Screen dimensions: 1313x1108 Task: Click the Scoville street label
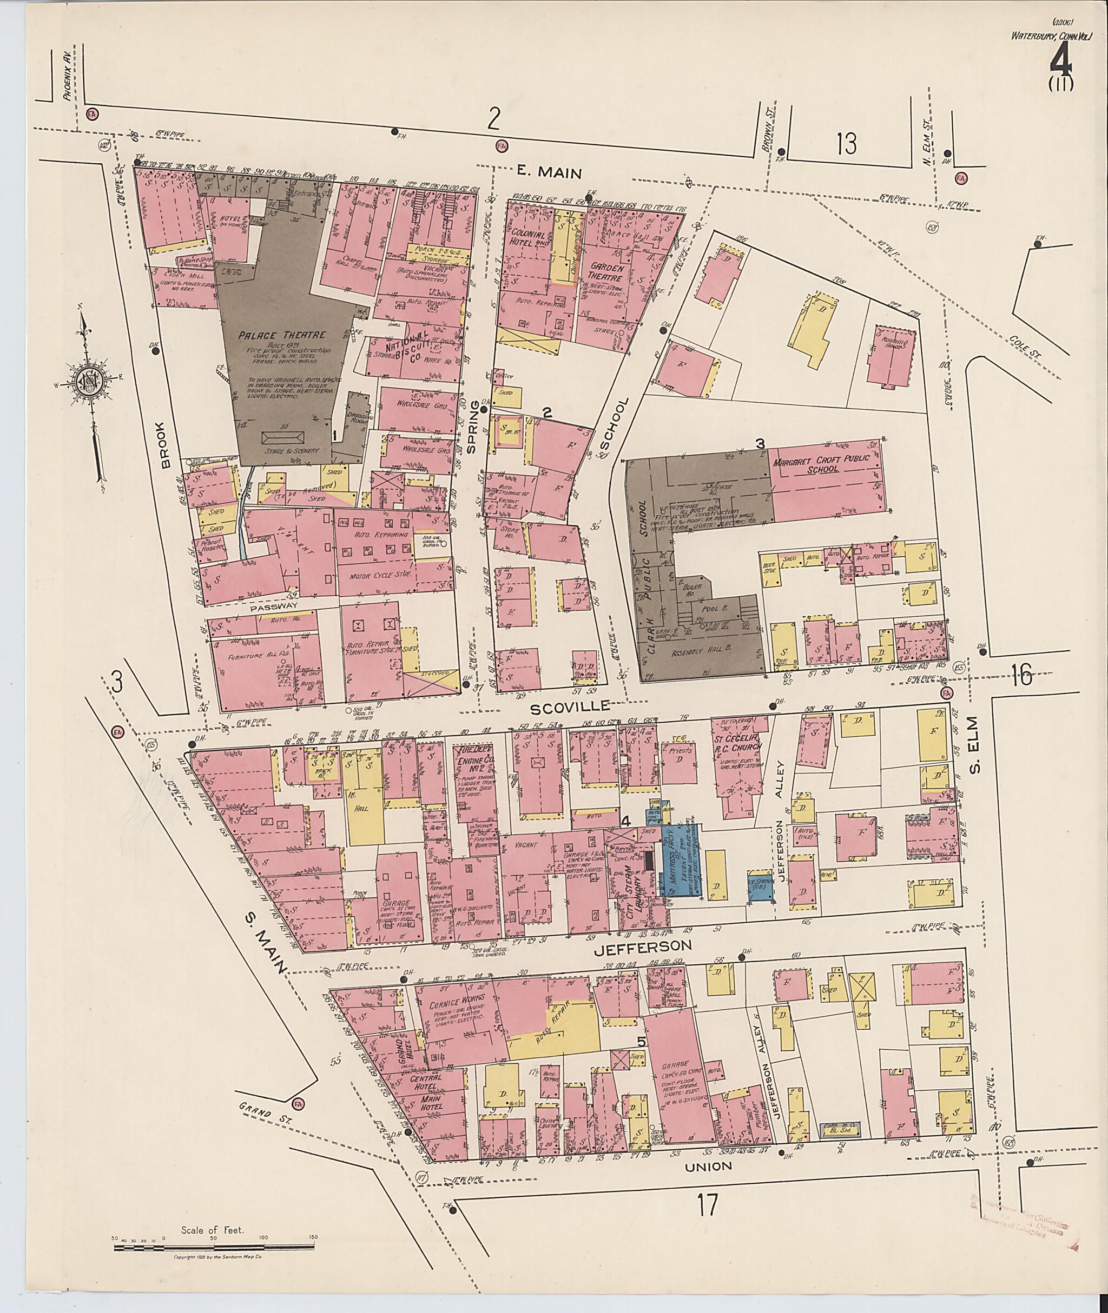pyautogui.click(x=570, y=709)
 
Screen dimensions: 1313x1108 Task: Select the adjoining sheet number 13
pyautogui.click(x=846, y=145)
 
